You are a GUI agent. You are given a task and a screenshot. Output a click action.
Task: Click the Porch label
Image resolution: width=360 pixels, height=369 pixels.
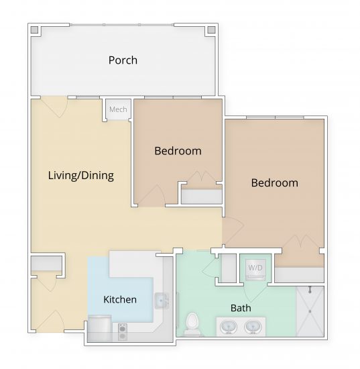coord(123,60)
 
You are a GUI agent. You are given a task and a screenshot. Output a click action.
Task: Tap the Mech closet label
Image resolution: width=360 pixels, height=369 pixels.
coord(118,109)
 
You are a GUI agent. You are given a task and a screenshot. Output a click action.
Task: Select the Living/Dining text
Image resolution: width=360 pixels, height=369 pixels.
coord(80,176)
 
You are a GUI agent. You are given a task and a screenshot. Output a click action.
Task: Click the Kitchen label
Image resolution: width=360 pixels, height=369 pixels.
coord(120,299)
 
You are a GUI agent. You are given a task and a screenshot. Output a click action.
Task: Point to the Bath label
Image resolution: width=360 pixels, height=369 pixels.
coord(241,309)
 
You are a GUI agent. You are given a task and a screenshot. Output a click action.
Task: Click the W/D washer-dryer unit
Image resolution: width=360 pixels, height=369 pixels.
coord(255,268)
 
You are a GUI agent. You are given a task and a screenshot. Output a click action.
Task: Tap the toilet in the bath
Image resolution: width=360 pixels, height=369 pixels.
coord(193,323)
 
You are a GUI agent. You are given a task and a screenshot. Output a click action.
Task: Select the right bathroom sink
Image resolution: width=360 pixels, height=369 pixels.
coord(253,327)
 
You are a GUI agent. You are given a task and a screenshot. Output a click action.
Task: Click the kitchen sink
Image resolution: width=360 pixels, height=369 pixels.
coord(162,301)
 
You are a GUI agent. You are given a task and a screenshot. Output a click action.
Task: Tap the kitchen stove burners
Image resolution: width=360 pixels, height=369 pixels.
coord(123,328)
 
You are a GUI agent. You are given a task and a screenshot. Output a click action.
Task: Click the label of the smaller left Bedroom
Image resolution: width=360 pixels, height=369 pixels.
coord(178,151)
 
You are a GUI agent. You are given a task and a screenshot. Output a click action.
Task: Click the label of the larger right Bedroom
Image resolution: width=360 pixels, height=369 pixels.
coord(274,182)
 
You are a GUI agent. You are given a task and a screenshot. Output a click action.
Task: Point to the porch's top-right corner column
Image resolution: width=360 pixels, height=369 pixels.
coord(211,30)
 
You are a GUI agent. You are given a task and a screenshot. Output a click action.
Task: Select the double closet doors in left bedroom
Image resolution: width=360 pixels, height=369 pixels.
coord(201,179)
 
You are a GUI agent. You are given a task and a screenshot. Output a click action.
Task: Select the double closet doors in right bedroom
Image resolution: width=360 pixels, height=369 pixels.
coord(299,243)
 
